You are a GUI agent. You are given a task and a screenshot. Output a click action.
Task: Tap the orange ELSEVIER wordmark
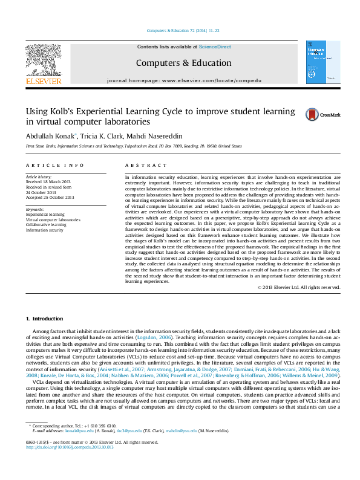coord(42,81)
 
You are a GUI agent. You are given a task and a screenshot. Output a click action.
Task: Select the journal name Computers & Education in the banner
coord(183,63)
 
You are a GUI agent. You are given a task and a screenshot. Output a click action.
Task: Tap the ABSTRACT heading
coord(146,165)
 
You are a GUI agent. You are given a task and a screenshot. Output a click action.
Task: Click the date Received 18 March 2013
coord(49,181)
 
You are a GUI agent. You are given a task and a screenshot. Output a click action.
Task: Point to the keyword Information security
coord(44,230)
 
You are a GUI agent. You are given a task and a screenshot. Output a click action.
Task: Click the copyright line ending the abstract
coord(299,287)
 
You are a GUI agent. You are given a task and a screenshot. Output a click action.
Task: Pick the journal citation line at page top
coord(183,30)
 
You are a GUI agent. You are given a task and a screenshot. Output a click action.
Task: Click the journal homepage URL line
coord(183,80)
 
